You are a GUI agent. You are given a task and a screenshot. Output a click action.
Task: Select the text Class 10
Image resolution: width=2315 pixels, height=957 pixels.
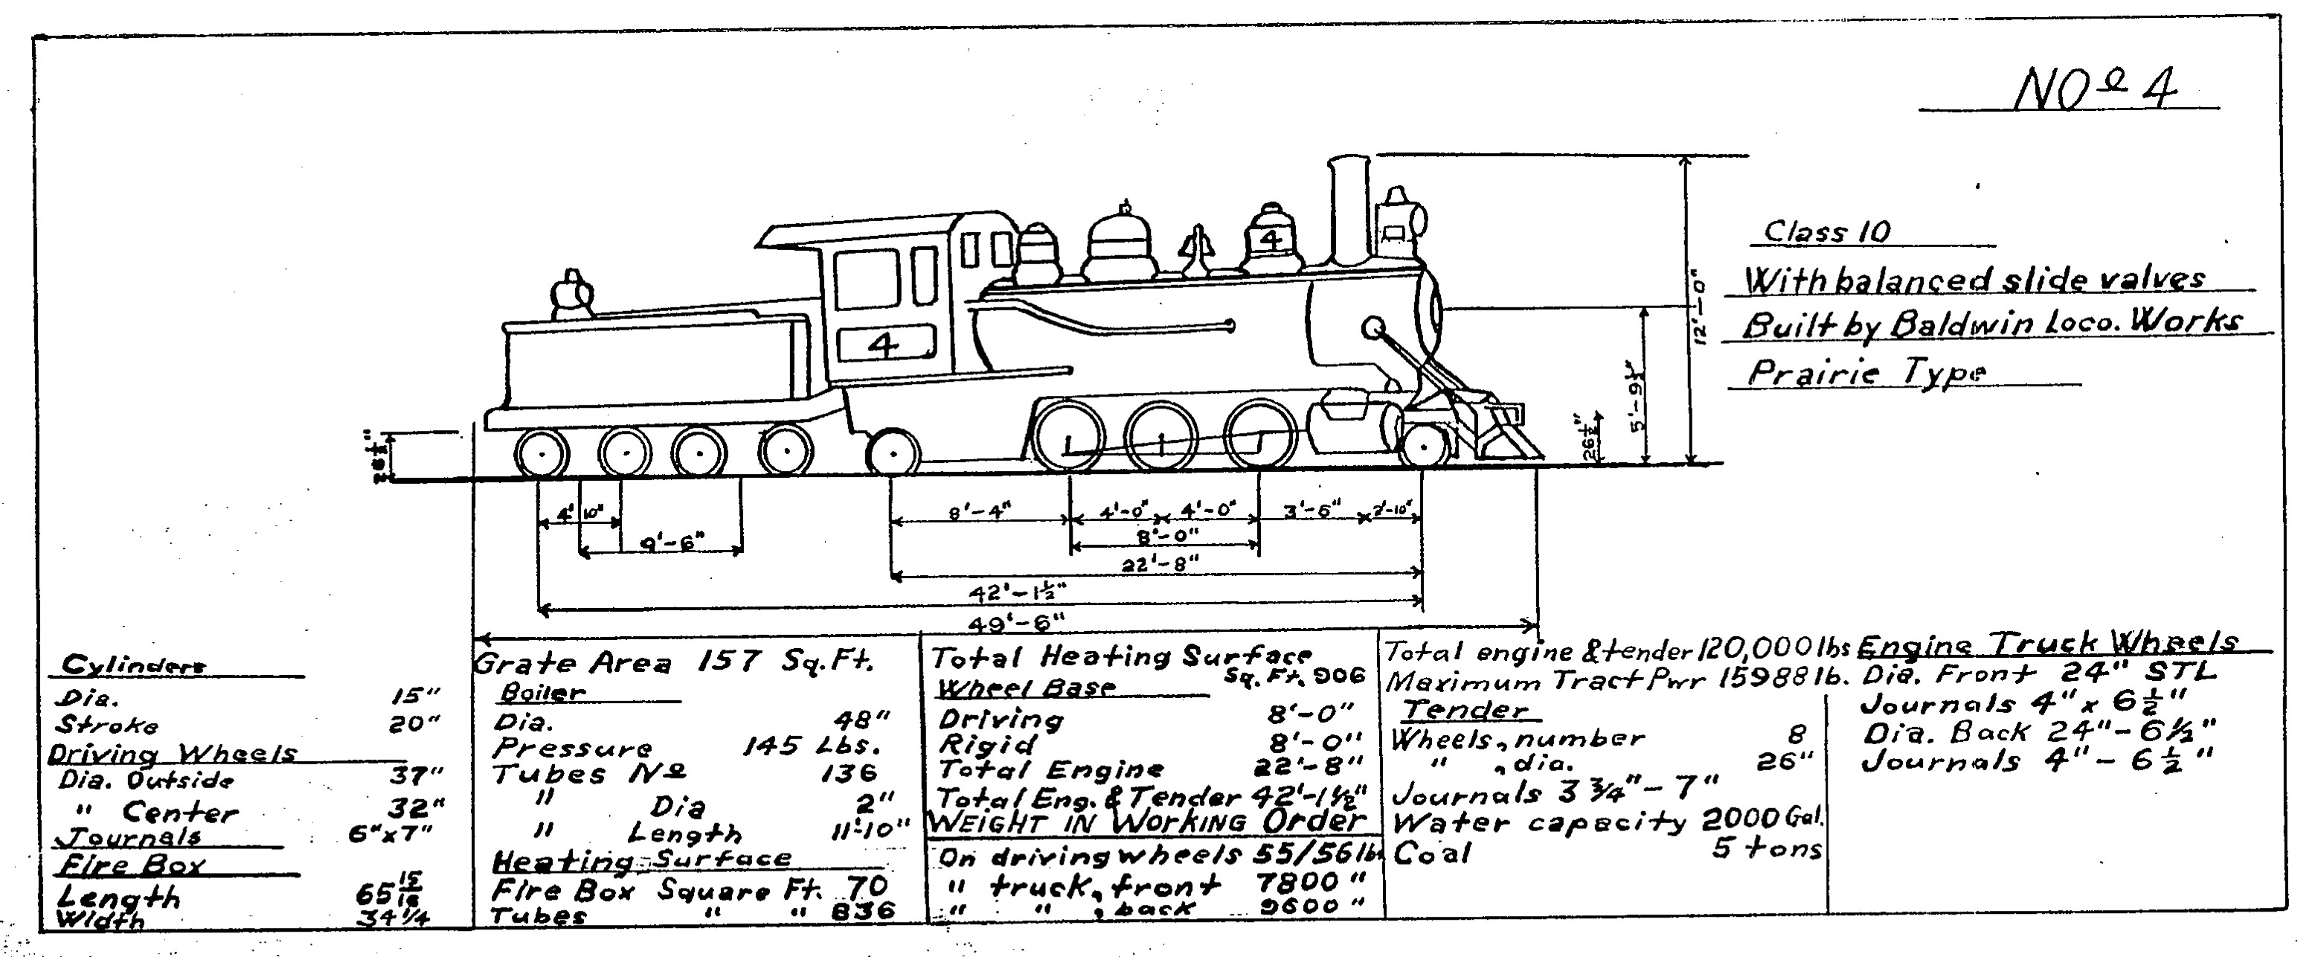pyautogui.click(x=1827, y=232)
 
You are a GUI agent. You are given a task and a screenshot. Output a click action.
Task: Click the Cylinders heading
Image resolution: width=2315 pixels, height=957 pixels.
pyautogui.click(x=133, y=666)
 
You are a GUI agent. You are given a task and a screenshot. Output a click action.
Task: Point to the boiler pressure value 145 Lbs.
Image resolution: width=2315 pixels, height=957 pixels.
pyautogui.click(x=812, y=746)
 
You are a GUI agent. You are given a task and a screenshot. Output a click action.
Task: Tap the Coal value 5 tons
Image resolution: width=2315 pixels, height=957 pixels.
pyautogui.click(x=1766, y=849)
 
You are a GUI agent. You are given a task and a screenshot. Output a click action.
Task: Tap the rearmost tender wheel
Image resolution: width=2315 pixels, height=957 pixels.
pyautogui.click(x=543, y=454)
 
